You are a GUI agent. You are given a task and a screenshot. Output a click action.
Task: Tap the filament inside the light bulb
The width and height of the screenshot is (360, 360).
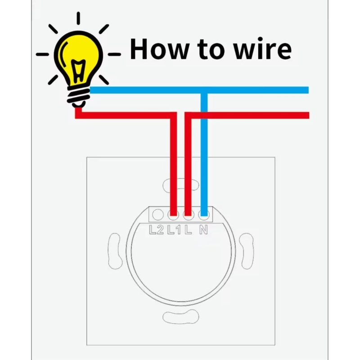(x=79, y=70)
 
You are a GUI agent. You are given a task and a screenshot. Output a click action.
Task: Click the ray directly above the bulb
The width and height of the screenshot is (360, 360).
(x=78, y=18)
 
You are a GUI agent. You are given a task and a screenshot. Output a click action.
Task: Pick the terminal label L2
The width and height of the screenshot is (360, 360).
(x=156, y=230)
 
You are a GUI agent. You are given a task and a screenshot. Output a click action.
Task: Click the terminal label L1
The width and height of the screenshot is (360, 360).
(x=173, y=230)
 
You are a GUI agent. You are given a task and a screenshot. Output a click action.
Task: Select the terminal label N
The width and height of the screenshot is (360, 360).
(x=203, y=230)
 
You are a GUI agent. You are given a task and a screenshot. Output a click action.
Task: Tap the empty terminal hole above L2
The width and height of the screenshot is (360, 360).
(x=157, y=214)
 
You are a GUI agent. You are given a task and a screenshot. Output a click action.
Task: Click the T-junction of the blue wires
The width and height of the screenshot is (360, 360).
(x=203, y=90)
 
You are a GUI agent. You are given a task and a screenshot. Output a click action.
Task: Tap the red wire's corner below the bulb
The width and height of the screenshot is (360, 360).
(x=78, y=115)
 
